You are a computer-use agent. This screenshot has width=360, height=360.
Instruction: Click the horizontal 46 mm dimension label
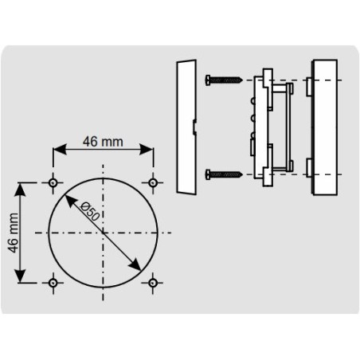point(104,142)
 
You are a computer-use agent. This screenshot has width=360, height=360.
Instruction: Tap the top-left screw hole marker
point(53,183)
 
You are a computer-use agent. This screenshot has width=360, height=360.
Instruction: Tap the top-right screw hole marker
point(153,183)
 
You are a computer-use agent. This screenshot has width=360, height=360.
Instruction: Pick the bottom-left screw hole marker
point(53,282)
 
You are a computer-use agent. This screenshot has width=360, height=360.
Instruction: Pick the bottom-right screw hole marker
point(153,282)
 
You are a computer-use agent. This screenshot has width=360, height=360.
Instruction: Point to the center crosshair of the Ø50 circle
point(103,232)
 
